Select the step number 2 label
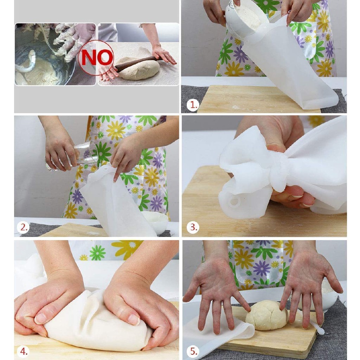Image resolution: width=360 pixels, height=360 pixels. [24, 227]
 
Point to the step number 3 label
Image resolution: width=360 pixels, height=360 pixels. [193, 227]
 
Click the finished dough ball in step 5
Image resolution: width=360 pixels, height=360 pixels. [267, 315]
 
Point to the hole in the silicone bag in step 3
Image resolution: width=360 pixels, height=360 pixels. [234, 202]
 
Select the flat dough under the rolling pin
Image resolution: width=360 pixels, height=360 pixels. [138, 69]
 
